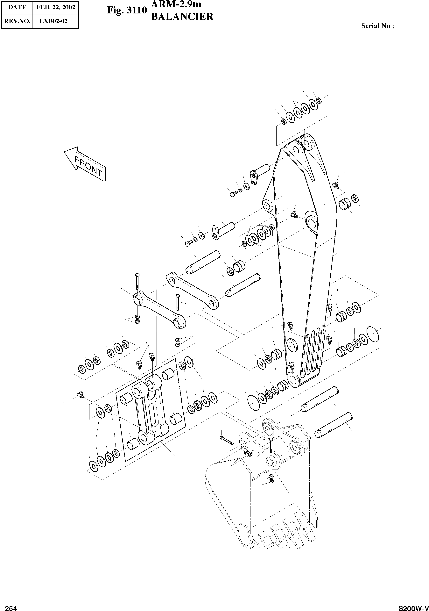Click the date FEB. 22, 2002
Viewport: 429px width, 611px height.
(56, 7)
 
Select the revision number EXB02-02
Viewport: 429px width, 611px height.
(53, 21)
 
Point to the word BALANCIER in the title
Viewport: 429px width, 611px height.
(182, 17)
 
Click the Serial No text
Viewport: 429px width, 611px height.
(377, 26)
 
